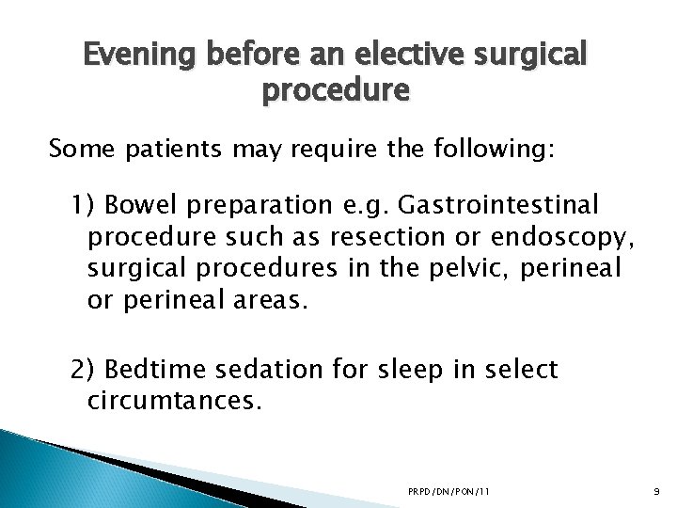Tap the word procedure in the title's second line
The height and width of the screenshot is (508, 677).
338,92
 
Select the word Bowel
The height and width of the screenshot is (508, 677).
137,204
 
